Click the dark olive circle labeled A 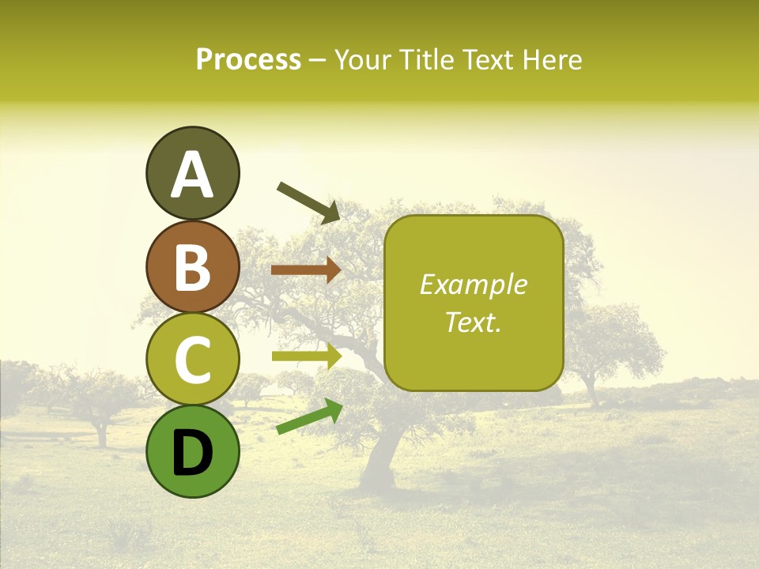[192, 173]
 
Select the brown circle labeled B [192, 266]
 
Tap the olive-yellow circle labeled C [192, 359]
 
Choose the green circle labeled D [192, 451]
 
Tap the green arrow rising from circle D [309, 416]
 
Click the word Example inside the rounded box [474, 284]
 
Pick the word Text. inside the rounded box [474, 322]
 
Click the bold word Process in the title [248, 60]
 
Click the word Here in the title [553, 60]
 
